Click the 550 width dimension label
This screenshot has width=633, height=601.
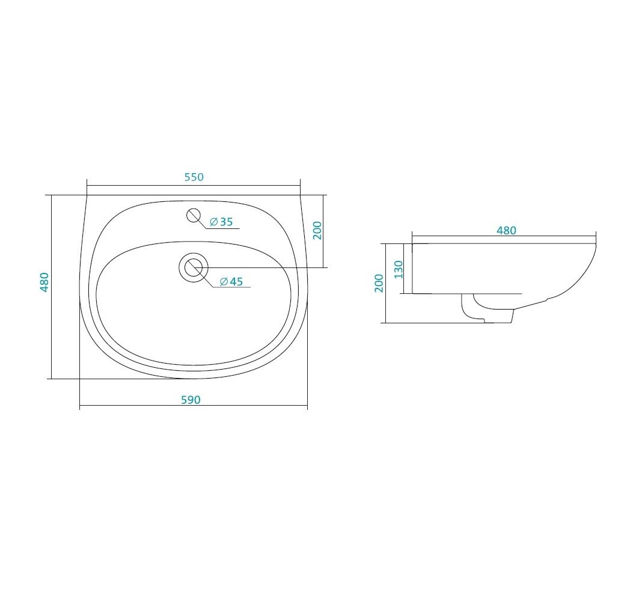pos(194,177)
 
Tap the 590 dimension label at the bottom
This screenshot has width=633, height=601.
pos(191,400)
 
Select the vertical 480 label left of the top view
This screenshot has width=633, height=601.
pos(44,282)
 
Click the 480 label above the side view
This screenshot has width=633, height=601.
pos(506,230)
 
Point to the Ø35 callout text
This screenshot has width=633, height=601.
pos(221,222)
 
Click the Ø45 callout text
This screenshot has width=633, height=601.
pos(231,281)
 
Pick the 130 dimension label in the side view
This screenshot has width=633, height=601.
pos(399,269)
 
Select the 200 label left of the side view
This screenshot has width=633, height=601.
pos(379,283)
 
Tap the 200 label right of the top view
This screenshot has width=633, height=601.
pos(318,230)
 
